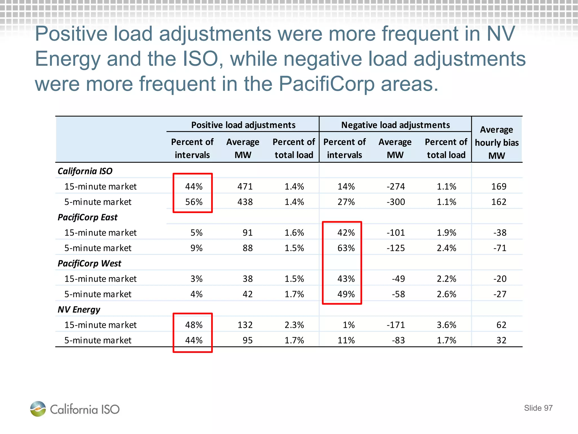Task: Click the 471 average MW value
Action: [x=245, y=186]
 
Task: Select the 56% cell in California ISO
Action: [x=194, y=202]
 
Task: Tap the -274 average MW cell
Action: [x=396, y=186]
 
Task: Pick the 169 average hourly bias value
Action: [x=499, y=186]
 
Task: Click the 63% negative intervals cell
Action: [x=346, y=248]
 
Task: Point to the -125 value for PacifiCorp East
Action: [x=396, y=248]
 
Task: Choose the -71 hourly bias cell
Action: [x=500, y=248]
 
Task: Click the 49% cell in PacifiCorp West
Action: [x=346, y=294]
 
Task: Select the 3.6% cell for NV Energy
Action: [x=446, y=325]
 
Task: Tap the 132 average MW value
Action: [x=245, y=325]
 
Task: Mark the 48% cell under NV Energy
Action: [x=194, y=325]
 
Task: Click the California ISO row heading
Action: [x=85, y=171]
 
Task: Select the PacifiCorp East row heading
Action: [x=87, y=217]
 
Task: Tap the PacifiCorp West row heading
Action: [x=89, y=263]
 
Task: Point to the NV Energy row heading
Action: [x=79, y=310]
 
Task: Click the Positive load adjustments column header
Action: [x=243, y=125]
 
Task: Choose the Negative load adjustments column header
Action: [x=395, y=125]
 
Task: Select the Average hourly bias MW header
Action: [x=497, y=142]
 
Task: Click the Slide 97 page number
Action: [x=538, y=408]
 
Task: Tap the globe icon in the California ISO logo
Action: [x=38, y=409]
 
